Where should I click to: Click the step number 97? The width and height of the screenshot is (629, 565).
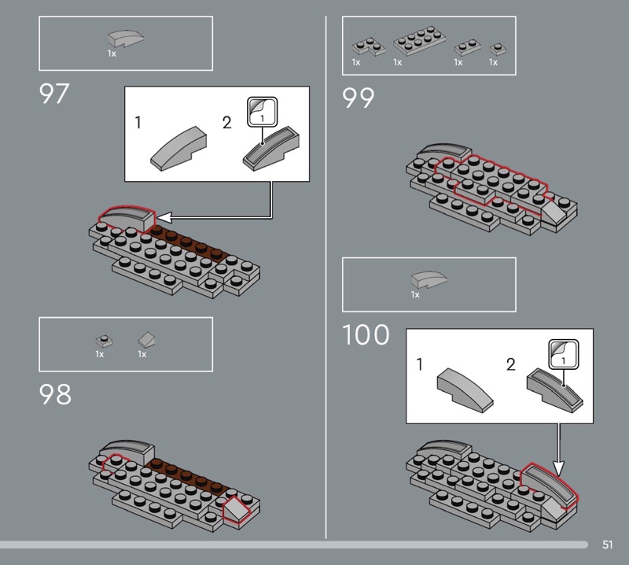pyautogui.click(x=54, y=94)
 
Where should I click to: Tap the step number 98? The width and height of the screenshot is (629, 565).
pyautogui.click(x=55, y=394)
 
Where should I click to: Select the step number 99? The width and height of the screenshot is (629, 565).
pyautogui.click(x=358, y=98)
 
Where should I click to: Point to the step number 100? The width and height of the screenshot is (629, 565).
pyautogui.click(x=366, y=335)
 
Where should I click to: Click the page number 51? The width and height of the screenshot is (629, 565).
pyautogui.click(x=607, y=545)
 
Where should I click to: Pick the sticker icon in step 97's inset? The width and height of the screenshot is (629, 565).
pyautogui.click(x=262, y=112)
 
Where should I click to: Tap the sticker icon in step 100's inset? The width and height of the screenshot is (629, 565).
pyautogui.click(x=563, y=354)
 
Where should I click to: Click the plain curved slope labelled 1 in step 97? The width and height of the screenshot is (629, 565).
pyautogui.click(x=178, y=149)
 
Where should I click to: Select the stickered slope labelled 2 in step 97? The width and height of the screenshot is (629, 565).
pyautogui.click(x=271, y=148)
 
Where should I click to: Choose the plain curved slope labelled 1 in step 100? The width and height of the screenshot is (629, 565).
pyautogui.click(x=465, y=390)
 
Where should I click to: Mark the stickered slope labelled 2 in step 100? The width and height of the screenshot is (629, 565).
pyautogui.click(x=555, y=390)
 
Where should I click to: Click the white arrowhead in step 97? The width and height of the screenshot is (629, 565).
pyautogui.click(x=164, y=217)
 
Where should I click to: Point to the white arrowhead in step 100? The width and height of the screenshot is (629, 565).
pyautogui.click(x=559, y=468)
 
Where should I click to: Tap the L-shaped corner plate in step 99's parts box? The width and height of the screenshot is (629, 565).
pyautogui.click(x=368, y=46)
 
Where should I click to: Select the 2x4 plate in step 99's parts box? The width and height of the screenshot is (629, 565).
pyautogui.click(x=419, y=41)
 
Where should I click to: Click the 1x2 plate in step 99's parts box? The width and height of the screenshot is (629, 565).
pyautogui.click(x=467, y=47)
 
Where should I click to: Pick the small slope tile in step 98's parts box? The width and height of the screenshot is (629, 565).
pyautogui.click(x=147, y=340)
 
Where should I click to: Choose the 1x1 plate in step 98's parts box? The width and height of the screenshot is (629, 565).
pyautogui.click(x=104, y=341)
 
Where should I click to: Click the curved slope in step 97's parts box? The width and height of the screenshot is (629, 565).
pyautogui.click(x=126, y=39)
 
